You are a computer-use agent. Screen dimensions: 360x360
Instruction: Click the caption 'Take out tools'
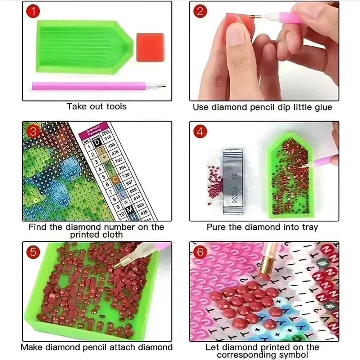coord(96,107)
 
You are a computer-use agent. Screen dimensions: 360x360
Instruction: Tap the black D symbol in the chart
coord(96,144)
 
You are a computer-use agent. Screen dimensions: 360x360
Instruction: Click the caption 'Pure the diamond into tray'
coord(262,227)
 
